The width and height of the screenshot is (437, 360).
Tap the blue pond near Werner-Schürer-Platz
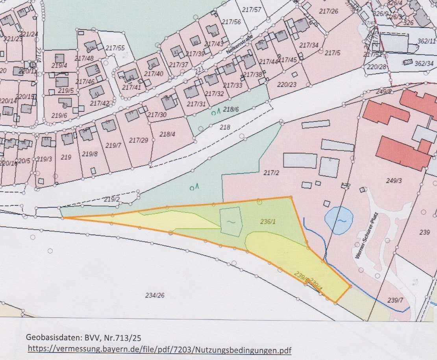(x=339, y=220)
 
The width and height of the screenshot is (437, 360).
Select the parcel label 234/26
(x=154, y=295)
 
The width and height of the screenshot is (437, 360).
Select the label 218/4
(x=167, y=134)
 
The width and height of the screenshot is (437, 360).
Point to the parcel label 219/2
(x=112, y=199)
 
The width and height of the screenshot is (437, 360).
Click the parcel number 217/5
(x=332, y=53)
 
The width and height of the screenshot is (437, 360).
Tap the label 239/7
(x=395, y=300)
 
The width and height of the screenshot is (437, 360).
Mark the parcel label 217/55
(x=115, y=48)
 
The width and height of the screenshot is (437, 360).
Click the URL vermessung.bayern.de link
(x=161, y=349)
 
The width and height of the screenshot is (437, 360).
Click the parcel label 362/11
(x=426, y=41)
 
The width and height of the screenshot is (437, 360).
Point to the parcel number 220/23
(x=287, y=84)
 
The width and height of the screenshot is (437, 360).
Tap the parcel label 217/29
(x=139, y=140)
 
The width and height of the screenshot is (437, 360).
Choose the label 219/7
(x=114, y=146)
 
